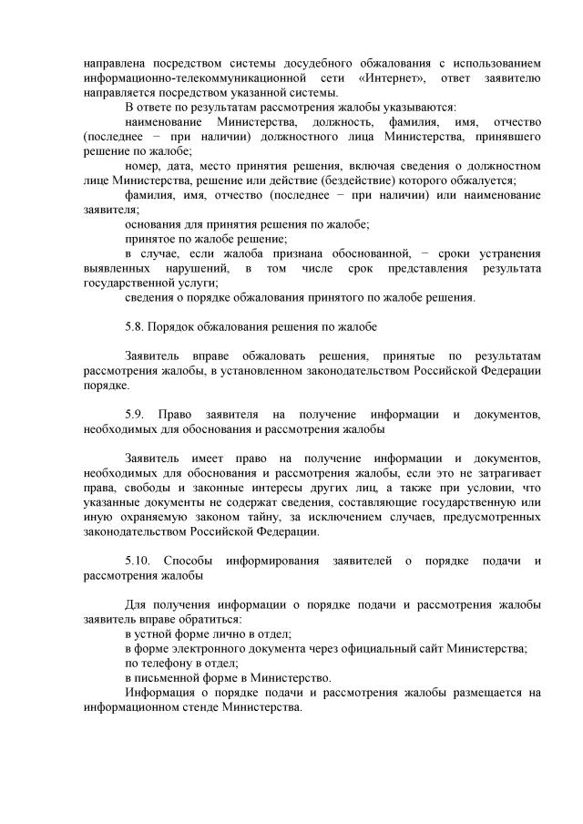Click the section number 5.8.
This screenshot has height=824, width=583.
136,325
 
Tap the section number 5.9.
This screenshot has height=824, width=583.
138,415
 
